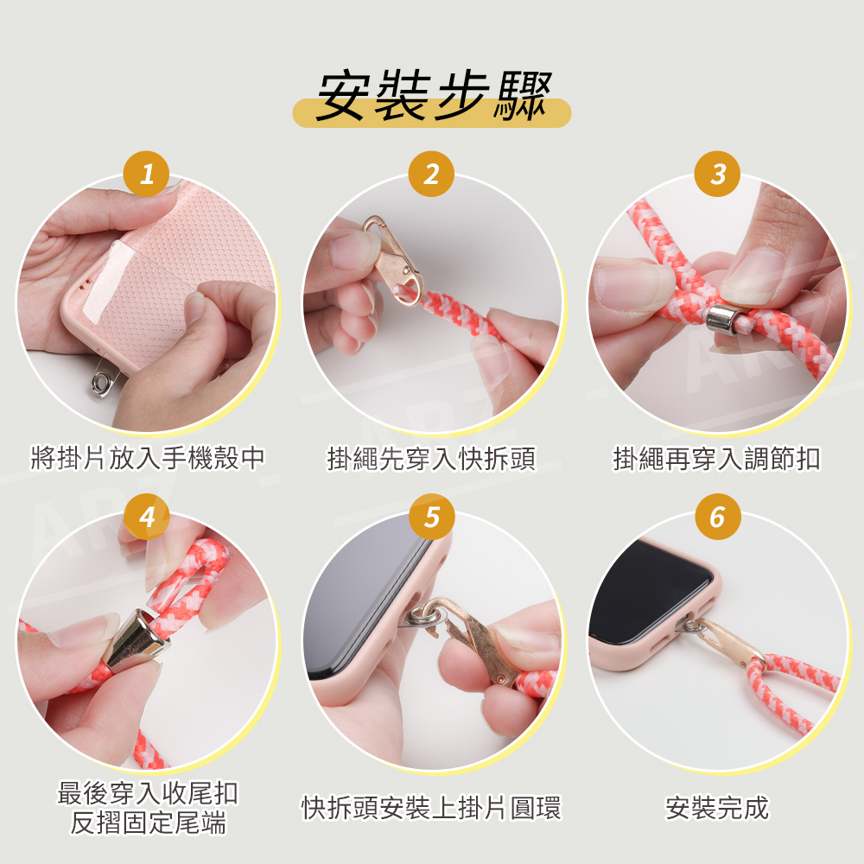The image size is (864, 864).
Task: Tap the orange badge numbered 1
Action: pos(147,175)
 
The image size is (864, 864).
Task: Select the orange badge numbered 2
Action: pos(431,175)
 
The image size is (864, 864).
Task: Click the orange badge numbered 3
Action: pos(717,175)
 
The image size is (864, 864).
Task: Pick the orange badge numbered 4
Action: pos(147,517)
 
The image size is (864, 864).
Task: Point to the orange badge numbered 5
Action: pos(431,517)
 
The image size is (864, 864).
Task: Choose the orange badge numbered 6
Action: pos(717,517)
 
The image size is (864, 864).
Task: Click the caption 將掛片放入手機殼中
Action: pos(148,458)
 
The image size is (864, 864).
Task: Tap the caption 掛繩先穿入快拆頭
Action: pos(431,458)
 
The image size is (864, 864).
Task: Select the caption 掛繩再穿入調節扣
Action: pos(717,458)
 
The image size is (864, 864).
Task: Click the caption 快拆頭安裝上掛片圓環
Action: pos(431,807)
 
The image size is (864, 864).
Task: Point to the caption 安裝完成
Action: pos(717,807)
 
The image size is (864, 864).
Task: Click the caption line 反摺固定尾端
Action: pos(148,823)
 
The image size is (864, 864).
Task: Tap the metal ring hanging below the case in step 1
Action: pos(102,381)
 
